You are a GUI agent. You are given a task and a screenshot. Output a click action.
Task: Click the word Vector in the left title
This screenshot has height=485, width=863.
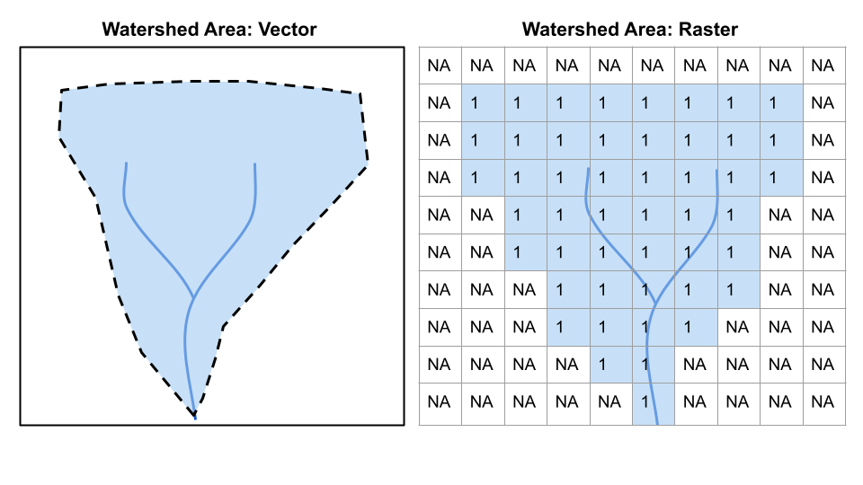[x=288, y=30]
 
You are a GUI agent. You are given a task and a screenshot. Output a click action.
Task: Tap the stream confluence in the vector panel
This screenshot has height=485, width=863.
[x=194, y=297]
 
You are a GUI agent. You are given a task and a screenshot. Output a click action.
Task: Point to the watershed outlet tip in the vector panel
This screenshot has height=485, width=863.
[x=195, y=418]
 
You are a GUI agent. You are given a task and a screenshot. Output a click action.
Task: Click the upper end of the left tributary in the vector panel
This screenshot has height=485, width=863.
[x=126, y=163]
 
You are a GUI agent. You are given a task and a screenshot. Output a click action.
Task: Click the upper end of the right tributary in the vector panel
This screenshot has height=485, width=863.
[x=255, y=163]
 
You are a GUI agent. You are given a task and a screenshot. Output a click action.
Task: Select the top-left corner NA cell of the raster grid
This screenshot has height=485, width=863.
[x=439, y=66]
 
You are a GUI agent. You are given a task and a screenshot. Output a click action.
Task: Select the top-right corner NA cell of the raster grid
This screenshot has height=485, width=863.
[x=823, y=66]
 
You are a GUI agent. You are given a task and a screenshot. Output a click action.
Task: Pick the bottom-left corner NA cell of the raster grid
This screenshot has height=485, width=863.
[x=439, y=402]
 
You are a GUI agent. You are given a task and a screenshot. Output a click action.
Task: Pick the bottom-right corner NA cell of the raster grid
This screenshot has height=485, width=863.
[x=823, y=402]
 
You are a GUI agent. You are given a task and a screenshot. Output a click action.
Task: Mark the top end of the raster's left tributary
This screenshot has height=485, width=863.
[x=587, y=168]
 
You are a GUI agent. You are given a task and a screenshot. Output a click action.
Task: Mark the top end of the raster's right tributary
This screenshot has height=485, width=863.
[x=716, y=168]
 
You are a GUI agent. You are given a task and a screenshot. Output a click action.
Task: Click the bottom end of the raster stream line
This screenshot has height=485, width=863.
[x=657, y=423]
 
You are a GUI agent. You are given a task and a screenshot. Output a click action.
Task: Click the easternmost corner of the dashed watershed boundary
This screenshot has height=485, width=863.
[x=367, y=164]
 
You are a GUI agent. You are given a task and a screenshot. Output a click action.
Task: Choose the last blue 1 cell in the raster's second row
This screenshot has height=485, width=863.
[x=780, y=103]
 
